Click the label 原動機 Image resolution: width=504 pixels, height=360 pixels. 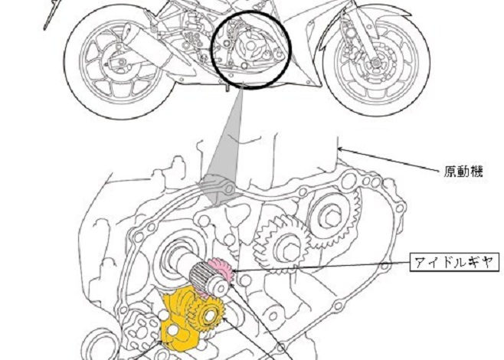[x=463, y=172]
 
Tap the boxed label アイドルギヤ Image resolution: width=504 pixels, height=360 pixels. [x=454, y=262]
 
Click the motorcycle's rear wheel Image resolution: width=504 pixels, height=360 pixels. [x=119, y=62]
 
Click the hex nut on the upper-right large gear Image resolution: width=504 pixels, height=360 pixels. [x=330, y=218]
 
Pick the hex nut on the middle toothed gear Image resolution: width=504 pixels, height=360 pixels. [x=290, y=251]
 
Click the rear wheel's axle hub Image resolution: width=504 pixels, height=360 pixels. [x=121, y=62]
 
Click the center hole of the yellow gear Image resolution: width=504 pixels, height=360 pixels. [x=209, y=316]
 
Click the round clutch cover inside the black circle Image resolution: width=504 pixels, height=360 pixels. [x=250, y=47]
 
